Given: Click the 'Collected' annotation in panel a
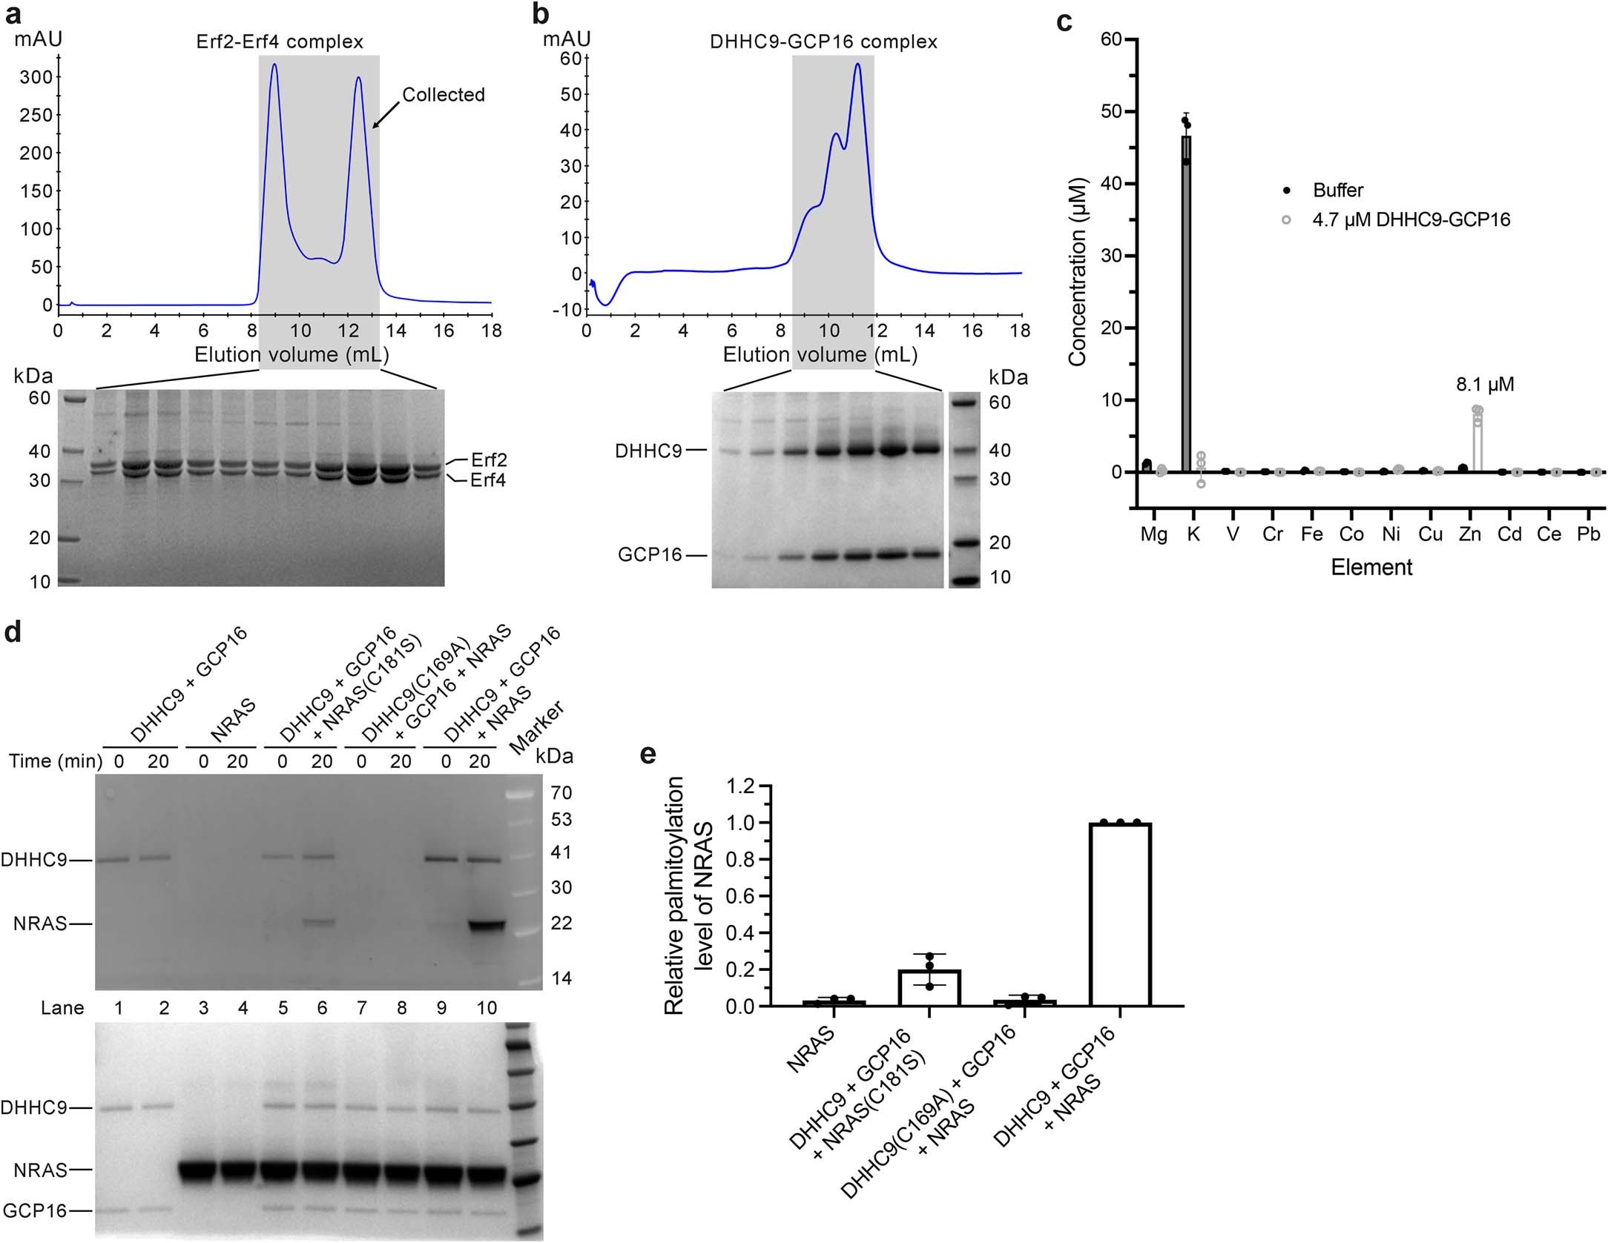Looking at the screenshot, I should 443,95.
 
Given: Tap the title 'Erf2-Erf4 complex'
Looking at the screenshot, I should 280,42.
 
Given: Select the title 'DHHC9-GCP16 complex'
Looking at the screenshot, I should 823,42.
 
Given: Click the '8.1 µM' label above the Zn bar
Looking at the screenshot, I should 1484,385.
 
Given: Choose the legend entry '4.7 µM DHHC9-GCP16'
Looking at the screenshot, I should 1411,220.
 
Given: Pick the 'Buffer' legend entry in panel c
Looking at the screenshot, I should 1337,190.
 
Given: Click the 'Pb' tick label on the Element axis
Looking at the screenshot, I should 1588,534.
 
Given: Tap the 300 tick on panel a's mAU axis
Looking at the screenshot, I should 36,77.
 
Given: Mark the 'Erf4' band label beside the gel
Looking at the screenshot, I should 488,480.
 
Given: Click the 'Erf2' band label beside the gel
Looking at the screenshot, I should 489,460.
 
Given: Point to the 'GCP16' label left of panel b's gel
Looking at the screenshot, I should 650,555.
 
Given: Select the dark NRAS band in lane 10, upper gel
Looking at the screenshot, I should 487,925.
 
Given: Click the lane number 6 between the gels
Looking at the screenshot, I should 322,1008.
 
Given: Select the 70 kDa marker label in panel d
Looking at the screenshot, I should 561,793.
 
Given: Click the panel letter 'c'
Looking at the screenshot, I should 1064,21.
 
